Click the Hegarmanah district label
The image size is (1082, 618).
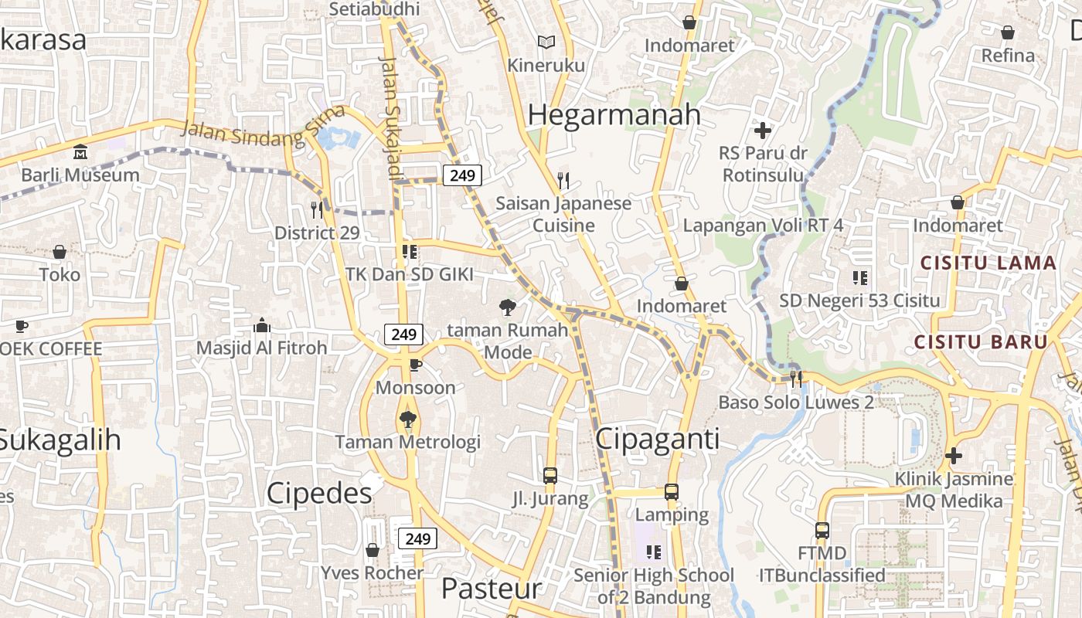pos(614,115)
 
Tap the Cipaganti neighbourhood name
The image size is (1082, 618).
pos(658,439)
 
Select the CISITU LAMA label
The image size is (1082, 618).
pos(988,263)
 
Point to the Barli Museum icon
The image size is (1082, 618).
pos(80,151)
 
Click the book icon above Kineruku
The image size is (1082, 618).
pos(546,42)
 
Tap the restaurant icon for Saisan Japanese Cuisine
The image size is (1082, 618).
pos(563,181)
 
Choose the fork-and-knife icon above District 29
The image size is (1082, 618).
pos(317,209)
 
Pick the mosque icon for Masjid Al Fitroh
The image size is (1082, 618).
pos(261,325)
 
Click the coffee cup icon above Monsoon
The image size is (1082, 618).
pos(415,365)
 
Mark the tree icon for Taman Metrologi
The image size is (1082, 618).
pos(407,419)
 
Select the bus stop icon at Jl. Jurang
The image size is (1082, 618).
pos(550,476)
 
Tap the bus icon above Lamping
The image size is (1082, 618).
pos(672,492)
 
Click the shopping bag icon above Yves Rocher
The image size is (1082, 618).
pos(373,550)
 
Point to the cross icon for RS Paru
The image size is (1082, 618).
pos(763,130)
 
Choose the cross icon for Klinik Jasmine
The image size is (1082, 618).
pos(954,456)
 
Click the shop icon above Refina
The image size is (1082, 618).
pos(1008,32)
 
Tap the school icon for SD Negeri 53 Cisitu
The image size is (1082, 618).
pos(859,277)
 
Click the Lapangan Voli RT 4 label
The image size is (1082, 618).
pos(763,226)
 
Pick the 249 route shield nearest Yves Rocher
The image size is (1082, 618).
pos(417,538)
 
